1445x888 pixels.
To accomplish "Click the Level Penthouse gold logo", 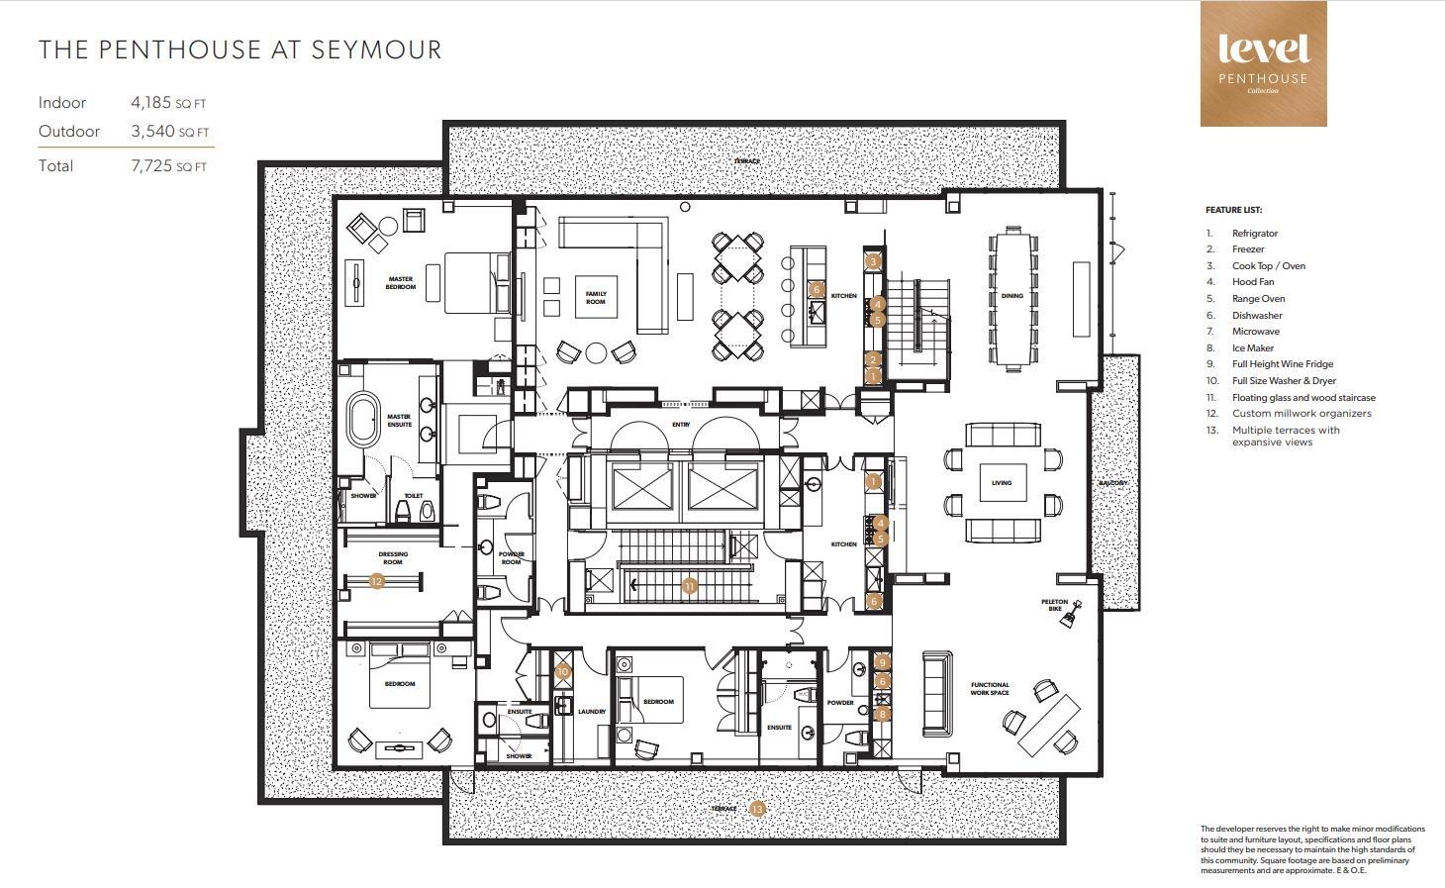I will [1263, 63].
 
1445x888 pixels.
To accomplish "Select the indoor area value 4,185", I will [151, 102].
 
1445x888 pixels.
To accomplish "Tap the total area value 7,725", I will [151, 166].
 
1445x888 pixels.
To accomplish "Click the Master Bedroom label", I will [401, 283].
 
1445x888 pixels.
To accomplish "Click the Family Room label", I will [595, 297].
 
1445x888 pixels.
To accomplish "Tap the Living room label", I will [1002, 483].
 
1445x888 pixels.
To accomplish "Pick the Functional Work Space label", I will [990, 688].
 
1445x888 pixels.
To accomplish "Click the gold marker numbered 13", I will [757, 809].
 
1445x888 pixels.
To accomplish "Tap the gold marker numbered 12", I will [376, 582].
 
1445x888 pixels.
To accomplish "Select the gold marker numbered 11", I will [689, 586].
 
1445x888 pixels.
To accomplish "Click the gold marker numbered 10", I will [562, 671].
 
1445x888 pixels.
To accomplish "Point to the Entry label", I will [681, 425].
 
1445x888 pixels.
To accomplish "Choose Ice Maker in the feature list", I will [1252, 347].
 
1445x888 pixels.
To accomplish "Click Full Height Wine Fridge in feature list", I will [1282, 364].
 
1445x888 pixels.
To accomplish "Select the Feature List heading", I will [1233, 210].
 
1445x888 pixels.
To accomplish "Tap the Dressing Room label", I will [393, 557].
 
